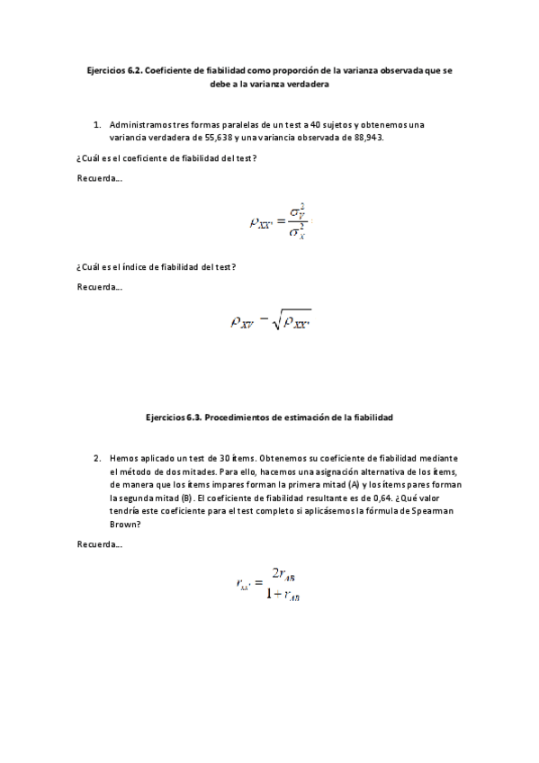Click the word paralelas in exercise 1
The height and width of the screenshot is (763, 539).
215,124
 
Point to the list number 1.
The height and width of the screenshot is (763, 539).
96,124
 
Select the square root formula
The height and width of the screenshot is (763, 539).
270,319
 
